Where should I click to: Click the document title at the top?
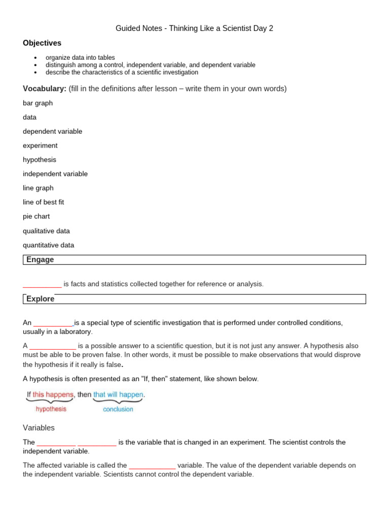click(x=194, y=28)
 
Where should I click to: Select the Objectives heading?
click(x=42, y=43)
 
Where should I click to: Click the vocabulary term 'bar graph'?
click(x=37, y=103)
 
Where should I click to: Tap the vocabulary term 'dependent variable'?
click(x=52, y=131)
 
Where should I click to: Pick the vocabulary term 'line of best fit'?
click(x=43, y=202)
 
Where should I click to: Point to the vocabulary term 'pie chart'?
click(x=36, y=216)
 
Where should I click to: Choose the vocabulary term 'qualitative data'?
click(x=46, y=231)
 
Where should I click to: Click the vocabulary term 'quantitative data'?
click(x=48, y=245)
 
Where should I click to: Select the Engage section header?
click(x=40, y=259)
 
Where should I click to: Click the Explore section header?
click(x=41, y=299)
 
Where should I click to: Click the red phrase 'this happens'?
click(x=53, y=394)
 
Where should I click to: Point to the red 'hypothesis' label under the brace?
click(x=51, y=409)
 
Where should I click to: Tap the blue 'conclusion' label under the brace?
click(x=118, y=410)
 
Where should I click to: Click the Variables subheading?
click(x=38, y=428)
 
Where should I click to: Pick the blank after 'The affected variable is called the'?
click(x=152, y=466)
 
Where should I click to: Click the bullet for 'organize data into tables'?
click(x=35, y=58)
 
